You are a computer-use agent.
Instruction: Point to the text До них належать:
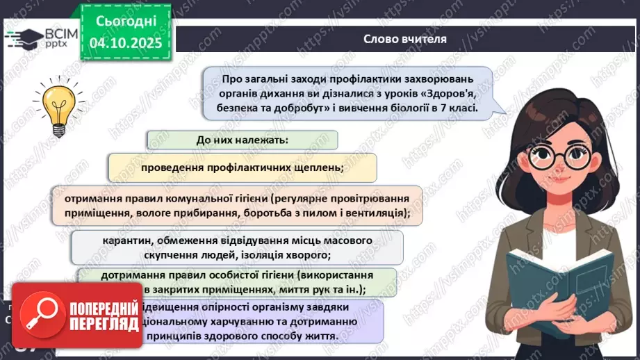tap(242, 140)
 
